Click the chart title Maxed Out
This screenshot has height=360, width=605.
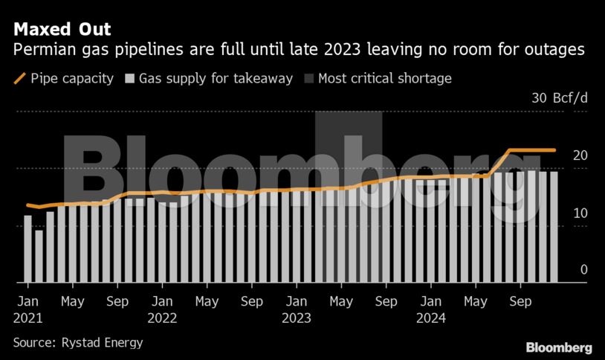[62, 30]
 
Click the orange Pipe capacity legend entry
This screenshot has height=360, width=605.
[63, 78]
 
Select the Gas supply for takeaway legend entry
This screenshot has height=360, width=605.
[210, 78]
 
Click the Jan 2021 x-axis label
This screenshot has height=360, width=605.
[27, 310]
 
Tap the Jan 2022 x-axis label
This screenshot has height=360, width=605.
[162, 310]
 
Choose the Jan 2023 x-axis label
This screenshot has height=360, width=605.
[297, 310]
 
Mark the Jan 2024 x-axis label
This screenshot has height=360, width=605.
[431, 310]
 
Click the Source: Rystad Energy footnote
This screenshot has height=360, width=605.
[77, 343]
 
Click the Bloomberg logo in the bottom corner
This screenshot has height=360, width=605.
[558, 347]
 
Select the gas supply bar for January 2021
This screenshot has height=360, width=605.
[28, 249]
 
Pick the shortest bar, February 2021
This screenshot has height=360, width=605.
[39, 257]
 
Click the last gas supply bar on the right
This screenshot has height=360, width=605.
[554, 227]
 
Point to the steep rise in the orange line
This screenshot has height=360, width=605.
[499, 164]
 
